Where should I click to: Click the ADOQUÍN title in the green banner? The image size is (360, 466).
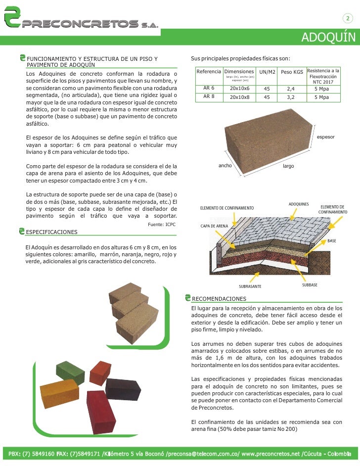(x=328, y=38)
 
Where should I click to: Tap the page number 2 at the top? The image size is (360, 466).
(x=348, y=19)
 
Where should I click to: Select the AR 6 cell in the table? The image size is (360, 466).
(x=209, y=88)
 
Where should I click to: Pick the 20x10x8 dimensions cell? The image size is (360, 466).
(x=240, y=97)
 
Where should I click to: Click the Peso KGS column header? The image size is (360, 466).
(x=292, y=72)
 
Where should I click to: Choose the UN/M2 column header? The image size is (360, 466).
(x=267, y=72)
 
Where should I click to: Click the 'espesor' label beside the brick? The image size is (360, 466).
(x=325, y=137)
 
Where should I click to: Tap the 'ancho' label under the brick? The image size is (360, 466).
(x=225, y=166)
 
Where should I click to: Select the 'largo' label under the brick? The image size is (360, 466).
(x=288, y=166)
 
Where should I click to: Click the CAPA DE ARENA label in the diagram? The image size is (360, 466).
(x=214, y=226)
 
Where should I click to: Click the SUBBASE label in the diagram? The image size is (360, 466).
(x=310, y=285)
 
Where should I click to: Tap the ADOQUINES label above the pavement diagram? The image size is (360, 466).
(x=299, y=204)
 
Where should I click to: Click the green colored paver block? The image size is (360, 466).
(x=70, y=373)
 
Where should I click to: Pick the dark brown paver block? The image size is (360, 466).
(x=123, y=389)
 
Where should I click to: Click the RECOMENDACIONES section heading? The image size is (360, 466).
(x=219, y=299)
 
